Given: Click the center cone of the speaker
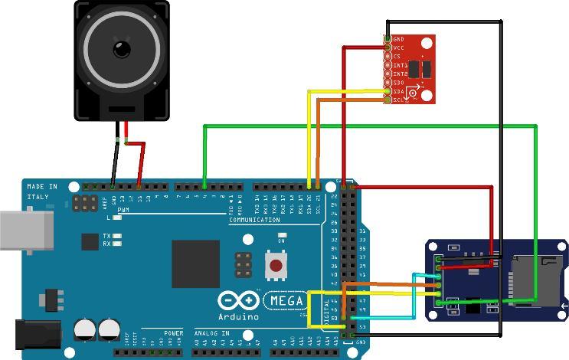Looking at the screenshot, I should (x=121, y=49).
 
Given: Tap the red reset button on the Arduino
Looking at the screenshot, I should (x=276, y=266).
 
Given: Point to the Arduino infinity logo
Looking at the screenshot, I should (x=237, y=300).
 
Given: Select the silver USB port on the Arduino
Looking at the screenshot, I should (x=26, y=230).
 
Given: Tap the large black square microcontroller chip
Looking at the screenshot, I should (x=195, y=263).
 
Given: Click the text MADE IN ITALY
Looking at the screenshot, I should (x=41, y=191).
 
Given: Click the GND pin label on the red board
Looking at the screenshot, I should (x=398, y=38).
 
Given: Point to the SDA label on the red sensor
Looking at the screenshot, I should (x=398, y=91).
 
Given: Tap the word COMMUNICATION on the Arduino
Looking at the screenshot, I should (x=254, y=220).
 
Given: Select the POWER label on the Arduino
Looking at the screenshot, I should (x=173, y=333).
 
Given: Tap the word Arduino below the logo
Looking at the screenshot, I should (x=238, y=316).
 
